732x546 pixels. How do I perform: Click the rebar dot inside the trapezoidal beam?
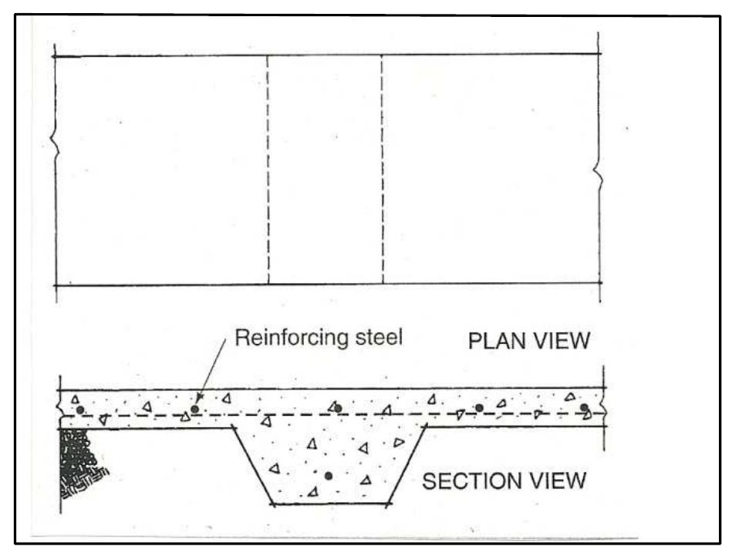(x=329, y=476)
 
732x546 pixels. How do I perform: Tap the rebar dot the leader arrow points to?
(x=195, y=409)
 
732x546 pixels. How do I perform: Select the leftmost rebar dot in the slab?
(x=79, y=410)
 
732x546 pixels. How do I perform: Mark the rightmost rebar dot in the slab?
(x=584, y=407)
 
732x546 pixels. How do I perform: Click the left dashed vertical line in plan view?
(x=268, y=170)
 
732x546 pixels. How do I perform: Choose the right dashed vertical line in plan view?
(x=383, y=170)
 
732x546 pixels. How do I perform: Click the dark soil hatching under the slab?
(x=77, y=463)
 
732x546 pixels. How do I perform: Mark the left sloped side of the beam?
(x=252, y=466)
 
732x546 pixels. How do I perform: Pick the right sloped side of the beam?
(x=409, y=466)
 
